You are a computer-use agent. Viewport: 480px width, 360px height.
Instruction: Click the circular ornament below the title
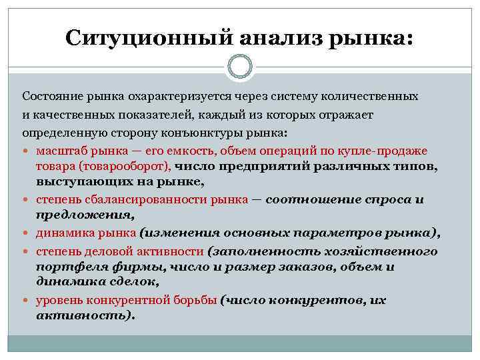tap(240, 67)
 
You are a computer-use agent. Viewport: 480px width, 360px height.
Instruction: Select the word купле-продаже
tap(387, 150)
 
